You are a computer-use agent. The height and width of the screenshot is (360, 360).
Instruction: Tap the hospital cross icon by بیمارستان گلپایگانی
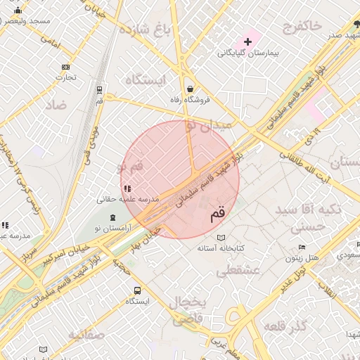247,41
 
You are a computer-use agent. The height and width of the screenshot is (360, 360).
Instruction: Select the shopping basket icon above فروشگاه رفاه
191,89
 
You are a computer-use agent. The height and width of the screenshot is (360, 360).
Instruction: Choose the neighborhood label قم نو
129,167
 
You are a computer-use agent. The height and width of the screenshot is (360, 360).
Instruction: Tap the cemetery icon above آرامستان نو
114,218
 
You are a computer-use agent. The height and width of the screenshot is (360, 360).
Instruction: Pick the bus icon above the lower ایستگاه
137,290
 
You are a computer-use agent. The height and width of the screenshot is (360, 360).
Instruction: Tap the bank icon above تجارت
65,67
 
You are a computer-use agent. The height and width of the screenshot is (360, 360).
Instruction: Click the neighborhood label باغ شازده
146,30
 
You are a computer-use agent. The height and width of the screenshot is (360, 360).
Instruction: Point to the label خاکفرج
302,27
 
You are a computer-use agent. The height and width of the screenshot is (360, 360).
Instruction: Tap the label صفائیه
86,334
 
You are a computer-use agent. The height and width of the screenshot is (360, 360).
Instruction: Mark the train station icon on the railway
99,90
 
